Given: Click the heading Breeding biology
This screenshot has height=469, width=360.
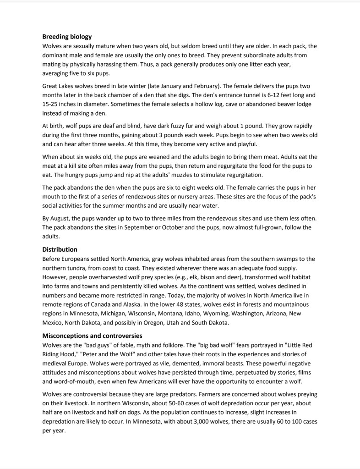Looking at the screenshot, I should pyautogui.click(x=67, y=37).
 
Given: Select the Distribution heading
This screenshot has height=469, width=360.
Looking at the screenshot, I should pyautogui.click(x=60, y=249).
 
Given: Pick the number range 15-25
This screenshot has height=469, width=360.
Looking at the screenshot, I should pyautogui.click(x=51, y=104).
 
